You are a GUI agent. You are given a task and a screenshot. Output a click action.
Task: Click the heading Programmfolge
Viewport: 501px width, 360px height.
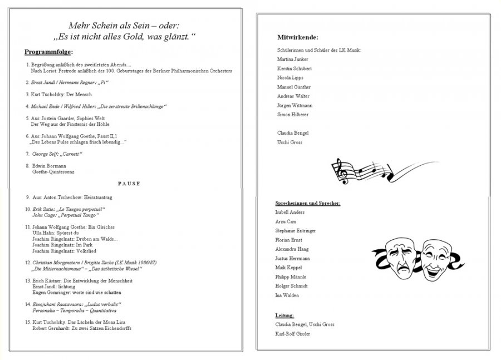click(x=48, y=52)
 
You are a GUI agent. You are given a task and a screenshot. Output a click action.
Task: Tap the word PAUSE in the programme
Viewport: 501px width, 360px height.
click(x=129, y=183)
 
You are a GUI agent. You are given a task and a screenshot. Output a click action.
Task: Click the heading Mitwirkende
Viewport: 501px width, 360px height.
click(x=298, y=37)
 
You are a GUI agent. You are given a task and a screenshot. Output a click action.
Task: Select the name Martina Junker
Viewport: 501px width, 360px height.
click(x=292, y=59)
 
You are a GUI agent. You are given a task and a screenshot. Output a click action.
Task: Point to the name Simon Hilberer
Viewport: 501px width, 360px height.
click(x=293, y=114)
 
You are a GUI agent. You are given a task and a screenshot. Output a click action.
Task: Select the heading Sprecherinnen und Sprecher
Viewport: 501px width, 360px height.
click(x=308, y=203)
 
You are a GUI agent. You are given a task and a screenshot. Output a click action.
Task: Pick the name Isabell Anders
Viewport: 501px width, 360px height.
click(x=290, y=212)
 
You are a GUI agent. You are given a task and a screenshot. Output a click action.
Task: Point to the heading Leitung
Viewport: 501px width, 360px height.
click(x=284, y=315)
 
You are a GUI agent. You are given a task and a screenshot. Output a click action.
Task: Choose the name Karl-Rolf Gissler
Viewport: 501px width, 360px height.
click(x=293, y=333)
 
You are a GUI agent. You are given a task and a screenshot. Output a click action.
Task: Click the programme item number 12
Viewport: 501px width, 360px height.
click(x=28, y=262)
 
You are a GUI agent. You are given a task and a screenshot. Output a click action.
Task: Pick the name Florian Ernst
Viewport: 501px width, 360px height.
click(x=289, y=240)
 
